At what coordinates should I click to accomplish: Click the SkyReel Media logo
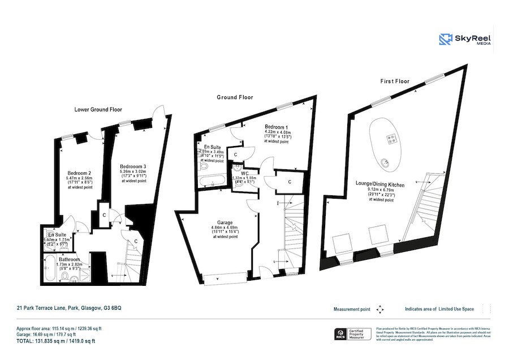coord(465,39)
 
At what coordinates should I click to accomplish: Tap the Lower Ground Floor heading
coord(98,109)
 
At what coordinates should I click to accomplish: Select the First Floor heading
coord(394,82)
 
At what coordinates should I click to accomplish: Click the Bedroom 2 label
coord(79,173)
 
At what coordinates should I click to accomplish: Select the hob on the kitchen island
coord(390,138)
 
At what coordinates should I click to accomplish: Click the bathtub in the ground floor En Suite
coord(212,182)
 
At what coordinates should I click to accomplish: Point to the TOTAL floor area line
coord(55,341)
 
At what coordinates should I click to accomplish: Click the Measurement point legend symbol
coord(380,309)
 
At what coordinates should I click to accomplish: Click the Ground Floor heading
coord(235,97)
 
